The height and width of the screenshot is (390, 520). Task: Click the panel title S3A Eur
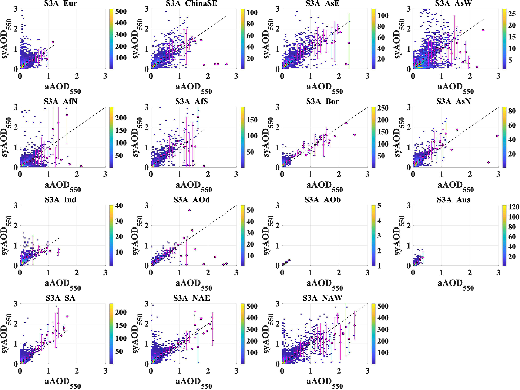point(60,3)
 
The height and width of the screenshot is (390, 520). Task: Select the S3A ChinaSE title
point(191,3)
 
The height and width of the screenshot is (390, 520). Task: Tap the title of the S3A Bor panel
point(323,101)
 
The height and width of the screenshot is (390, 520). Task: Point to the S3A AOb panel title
point(323,200)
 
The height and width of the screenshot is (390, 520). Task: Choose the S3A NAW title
point(323,298)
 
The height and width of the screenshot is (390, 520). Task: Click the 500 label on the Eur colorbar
point(121,12)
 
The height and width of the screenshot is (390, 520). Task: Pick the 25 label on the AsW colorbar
point(512,14)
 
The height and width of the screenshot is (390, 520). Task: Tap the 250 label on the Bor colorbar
point(383,108)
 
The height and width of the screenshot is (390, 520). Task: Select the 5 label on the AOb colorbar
point(379,206)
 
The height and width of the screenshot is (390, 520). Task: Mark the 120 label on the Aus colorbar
point(514,207)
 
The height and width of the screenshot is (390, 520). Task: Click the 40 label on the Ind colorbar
point(119,206)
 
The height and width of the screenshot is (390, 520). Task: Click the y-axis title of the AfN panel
point(7,137)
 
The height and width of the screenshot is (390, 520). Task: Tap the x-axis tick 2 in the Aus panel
point(470,273)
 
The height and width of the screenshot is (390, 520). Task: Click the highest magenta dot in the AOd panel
point(189,210)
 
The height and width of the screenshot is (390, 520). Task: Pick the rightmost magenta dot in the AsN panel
point(497,136)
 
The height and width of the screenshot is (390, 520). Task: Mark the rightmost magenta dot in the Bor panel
point(354,135)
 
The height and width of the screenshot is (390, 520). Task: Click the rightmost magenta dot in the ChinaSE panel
point(226,64)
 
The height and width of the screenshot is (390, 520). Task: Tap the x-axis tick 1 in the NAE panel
point(179,371)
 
